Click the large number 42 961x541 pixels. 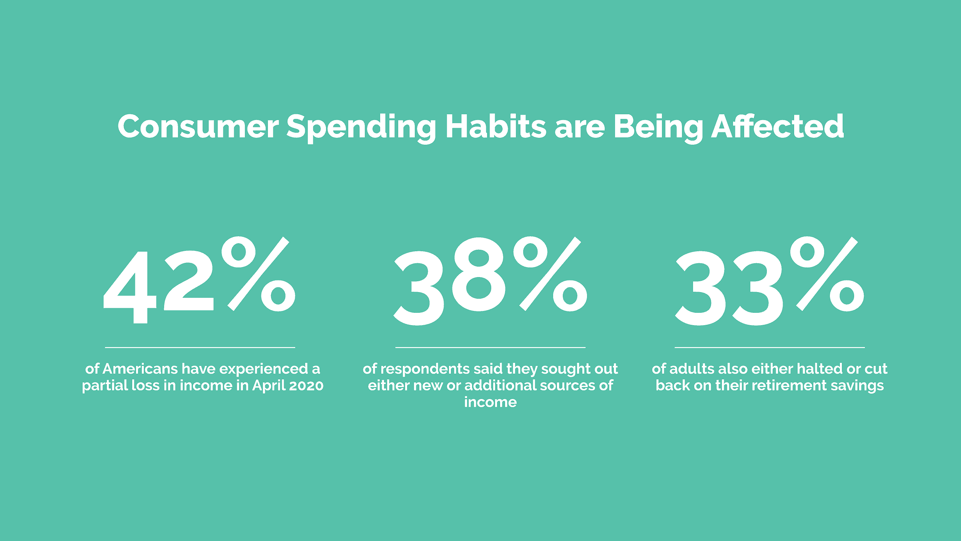click(x=158, y=287)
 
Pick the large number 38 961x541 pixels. click(x=449, y=287)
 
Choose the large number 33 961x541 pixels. click(x=729, y=288)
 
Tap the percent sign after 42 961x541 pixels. click(x=258, y=274)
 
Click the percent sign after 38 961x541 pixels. click(x=550, y=274)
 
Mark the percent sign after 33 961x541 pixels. click(x=828, y=274)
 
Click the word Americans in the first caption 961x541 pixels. click(x=140, y=369)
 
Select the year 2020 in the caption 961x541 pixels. click(x=306, y=386)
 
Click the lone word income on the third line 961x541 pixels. click(x=490, y=402)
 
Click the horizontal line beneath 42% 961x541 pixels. click(x=200, y=347)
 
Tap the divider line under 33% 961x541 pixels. click(x=770, y=347)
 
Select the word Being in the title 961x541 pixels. click(x=658, y=129)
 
